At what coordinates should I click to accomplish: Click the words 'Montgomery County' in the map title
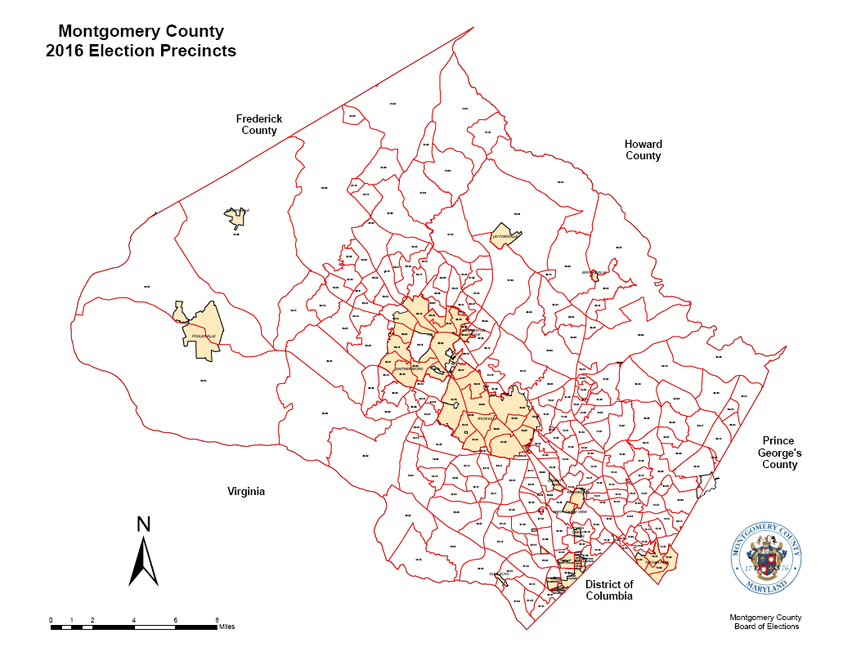(x=141, y=32)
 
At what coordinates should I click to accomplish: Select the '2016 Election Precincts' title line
(x=141, y=51)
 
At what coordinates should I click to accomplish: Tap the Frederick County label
(x=259, y=124)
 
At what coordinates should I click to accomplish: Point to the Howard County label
(x=643, y=149)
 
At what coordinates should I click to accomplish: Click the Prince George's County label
(x=779, y=453)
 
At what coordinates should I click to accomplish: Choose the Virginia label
(x=246, y=492)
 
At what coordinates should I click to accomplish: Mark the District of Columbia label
(x=609, y=590)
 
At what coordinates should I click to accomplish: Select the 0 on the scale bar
(x=51, y=620)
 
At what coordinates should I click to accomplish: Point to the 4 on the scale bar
(x=134, y=620)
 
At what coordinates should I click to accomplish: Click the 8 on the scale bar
(x=217, y=620)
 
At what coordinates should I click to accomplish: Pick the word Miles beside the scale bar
(x=227, y=627)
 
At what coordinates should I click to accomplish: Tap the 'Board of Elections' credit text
(x=765, y=627)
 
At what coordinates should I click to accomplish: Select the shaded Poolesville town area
(x=200, y=331)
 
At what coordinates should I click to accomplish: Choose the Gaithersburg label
(x=409, y=369)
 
